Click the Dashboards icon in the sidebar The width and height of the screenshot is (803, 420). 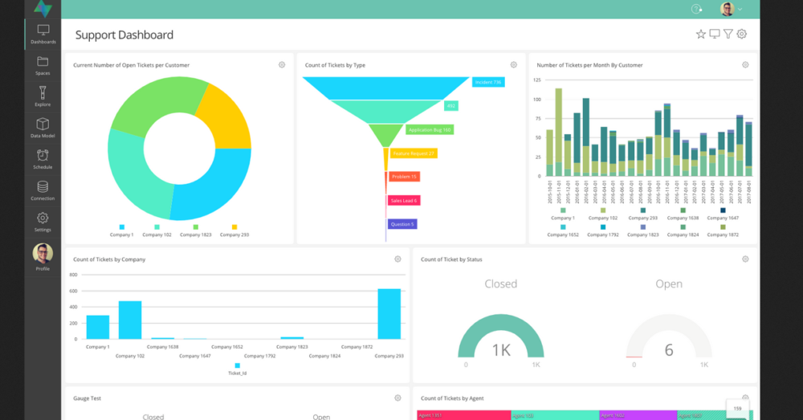pyautogui.click(x=43, y=31)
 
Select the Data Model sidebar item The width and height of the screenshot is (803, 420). pyautogui.click(x=43, y=125)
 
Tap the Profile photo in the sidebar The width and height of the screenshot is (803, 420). pyautogui.click(x=43, y=254)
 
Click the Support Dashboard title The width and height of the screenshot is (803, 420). pyautogui.click(x=124, y=35)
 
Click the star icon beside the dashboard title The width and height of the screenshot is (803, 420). pyautogui.click(x=701, y=34)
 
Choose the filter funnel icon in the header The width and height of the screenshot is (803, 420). pyautogui.click(x=728, y=34)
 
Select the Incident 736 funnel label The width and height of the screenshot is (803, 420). pyautogui.click(x=487, y=82)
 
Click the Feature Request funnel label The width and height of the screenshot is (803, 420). pyautogui.click(x=414, y=153)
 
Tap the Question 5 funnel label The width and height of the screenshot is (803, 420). pyautogui.click(x=401, y=224)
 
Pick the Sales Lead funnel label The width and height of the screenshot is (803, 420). pyautogui.click(x=403, y=201)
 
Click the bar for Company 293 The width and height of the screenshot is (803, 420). pyautogui.click(x=389, y=314)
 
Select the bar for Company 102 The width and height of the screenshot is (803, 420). pyautogui.click(x=130, y=320)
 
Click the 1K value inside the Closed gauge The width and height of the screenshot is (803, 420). pyautogui.click(x=501, y=349)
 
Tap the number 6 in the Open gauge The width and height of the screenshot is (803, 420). pyautogui.click(x=669, y=349)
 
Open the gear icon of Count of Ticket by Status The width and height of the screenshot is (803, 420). pyautogui.click(x=745, y=259)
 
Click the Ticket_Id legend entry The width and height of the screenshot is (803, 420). pyautogui.click(x=237, y=373)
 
